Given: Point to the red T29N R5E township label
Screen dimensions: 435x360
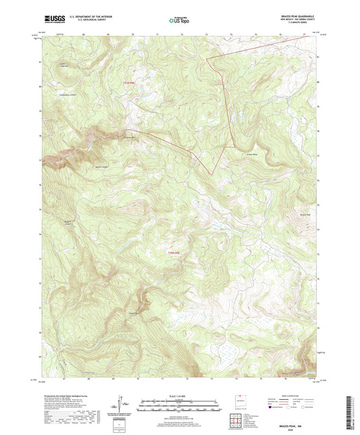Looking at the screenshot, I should tap(174, 253).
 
